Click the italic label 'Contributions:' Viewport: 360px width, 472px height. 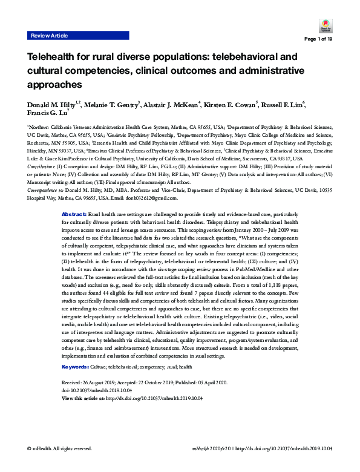coord(41,165)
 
